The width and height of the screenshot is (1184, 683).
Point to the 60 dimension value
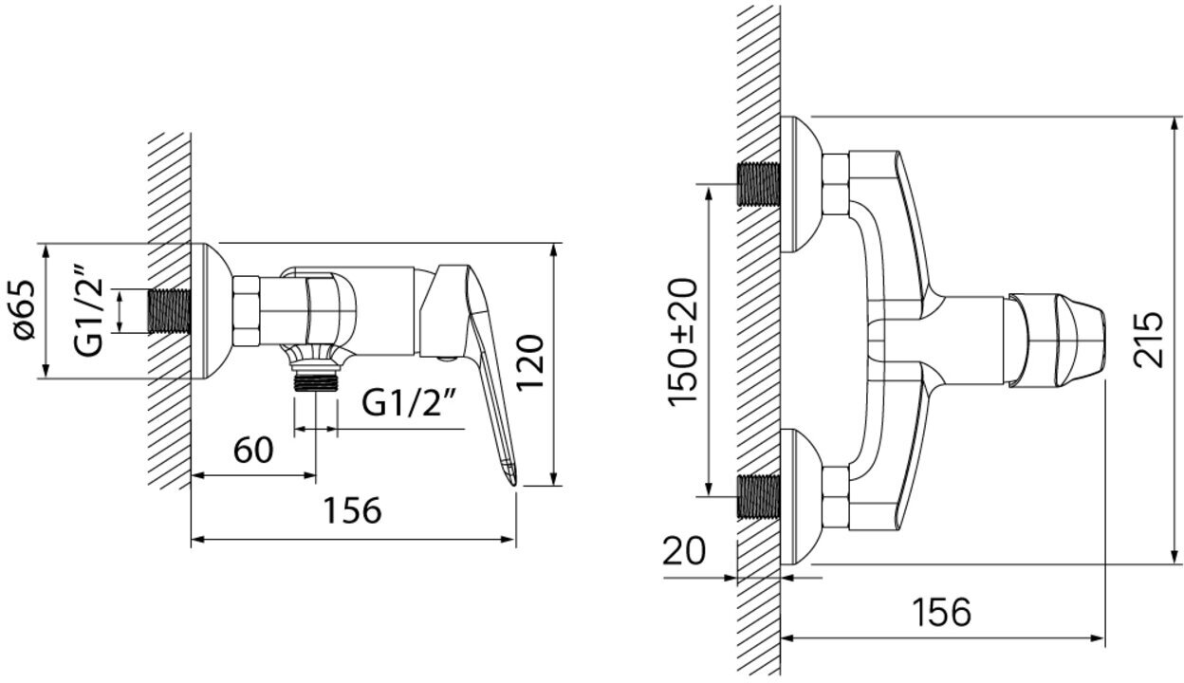pos(253,450)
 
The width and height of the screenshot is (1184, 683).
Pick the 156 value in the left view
pos(351,510)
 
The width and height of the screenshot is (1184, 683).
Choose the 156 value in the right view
pos(941,612)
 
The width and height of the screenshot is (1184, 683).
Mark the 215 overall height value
pos(1150,339)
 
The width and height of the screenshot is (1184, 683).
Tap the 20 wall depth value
pos(684,550)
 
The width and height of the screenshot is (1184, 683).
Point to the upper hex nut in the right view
pos(835,185)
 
